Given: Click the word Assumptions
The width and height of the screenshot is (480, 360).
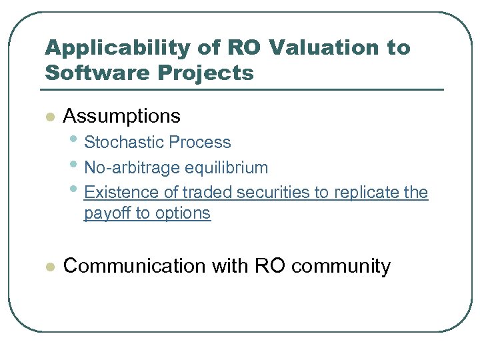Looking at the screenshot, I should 121,116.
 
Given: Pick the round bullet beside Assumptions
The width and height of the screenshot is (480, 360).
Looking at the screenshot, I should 48,117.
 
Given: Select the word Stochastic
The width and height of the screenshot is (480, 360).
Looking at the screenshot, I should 125,142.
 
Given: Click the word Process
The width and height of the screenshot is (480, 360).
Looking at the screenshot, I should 200,142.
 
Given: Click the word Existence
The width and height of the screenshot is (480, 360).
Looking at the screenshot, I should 123,193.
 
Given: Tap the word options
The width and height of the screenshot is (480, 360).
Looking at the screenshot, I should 183,213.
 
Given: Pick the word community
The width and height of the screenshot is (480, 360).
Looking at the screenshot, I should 341,266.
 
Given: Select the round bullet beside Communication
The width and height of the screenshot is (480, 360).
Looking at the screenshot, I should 48,267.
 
